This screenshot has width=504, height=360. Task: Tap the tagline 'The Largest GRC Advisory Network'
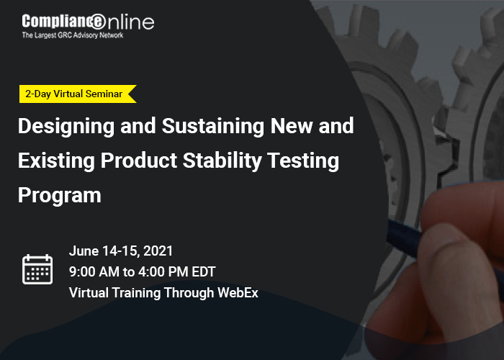pyautogui.click(x=73, y=35)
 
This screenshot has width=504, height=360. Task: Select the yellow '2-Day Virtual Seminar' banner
pyautogui.click(x=78, y=94)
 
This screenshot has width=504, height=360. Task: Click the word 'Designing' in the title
pyautogui.click(x=66, y=126)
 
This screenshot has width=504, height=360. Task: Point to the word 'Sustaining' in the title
pyautogui.click(x=212, y=126)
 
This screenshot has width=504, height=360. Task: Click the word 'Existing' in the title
pyautogui.click(x=56, y=161)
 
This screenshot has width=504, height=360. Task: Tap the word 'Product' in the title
pyautogui.click(x=139, y=160)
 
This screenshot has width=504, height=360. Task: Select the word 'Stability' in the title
pyautogui.click(x=222, y=161)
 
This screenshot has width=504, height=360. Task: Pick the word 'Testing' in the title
pyautogui.click(x=303, y=161)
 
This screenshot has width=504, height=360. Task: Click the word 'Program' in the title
pyautogui.click(x=60, y=196)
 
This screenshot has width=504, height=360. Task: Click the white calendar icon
pyautogui.click(x=37, y=269)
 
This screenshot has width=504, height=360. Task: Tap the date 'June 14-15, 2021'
pyautogui.click(x=121, y=251)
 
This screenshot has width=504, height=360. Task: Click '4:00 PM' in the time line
pyautogui.click(x=163, y=272)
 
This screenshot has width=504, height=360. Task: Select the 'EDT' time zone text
pyautogui.click(x=204, y=272)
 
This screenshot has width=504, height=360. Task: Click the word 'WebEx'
pyautogui.click(x=238, y=293)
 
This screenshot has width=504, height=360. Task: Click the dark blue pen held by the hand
pyautogui.click(x=404, y=238)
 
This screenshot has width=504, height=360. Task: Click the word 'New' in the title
pyautogui.click(x=291, y=126)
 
